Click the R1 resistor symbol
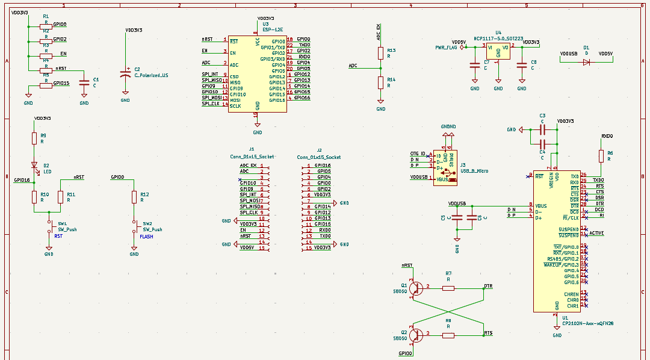coord(45,26)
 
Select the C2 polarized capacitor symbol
coord(125,73)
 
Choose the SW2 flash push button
coord(134,226)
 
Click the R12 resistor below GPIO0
coord(134,197)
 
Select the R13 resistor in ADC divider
coord(380,53)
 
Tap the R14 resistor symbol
coord(380,82)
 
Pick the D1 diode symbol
coord(586,62)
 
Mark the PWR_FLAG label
coord(447,47)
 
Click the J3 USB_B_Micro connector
coord(445,167)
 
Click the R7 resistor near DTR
coord(448,288)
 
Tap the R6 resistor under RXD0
coord(601,156)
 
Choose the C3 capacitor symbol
coord(542,129)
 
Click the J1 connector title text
coord(251,148)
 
